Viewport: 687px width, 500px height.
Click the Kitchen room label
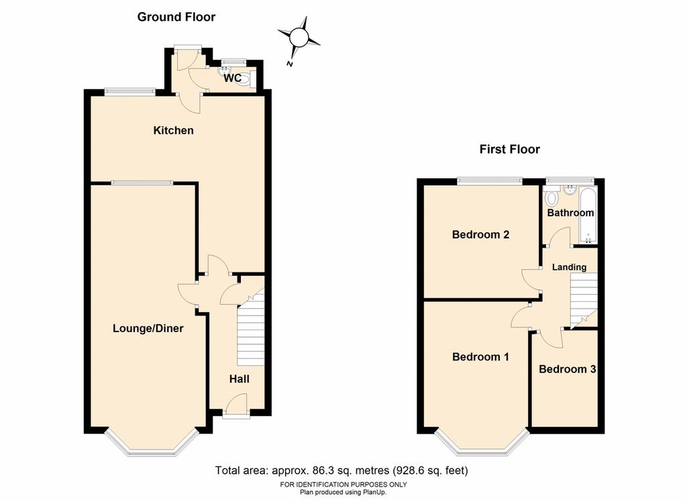pos(173,130)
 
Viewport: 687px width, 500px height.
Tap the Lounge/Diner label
pos(148,328)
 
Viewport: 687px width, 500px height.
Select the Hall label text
pos(240,379)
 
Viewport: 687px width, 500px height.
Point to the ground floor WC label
pos(232,78)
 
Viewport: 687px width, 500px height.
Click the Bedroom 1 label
pos(480,356)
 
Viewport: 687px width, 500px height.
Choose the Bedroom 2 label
pos(480,234)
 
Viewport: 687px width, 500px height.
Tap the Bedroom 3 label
pos(568,369)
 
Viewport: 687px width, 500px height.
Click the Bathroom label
pos(570,213)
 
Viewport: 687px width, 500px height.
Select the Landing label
pos(569,267)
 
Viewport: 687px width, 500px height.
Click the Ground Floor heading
pos(176,17)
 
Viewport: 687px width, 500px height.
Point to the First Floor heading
pos(510,149)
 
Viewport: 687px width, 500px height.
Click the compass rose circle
pos(299,37)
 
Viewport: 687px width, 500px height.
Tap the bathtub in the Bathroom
pos(588,215)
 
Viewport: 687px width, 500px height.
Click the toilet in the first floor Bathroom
pos(551,197)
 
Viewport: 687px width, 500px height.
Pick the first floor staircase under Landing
pos(584,299)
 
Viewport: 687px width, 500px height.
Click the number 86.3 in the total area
pos(322,470)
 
